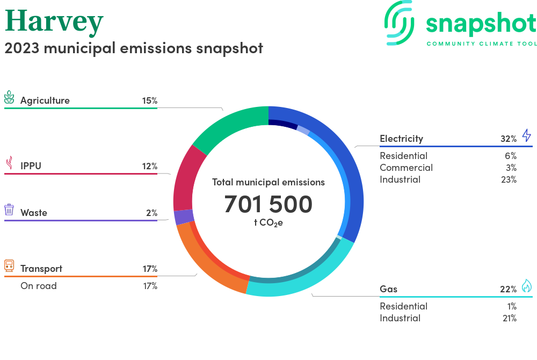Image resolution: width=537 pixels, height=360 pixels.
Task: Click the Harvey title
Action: [54, 21]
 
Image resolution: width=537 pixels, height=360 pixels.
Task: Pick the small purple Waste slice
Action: [183, 217]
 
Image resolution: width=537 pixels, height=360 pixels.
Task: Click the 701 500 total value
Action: [268, 204]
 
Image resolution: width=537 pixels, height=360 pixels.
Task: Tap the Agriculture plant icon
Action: [9, 98]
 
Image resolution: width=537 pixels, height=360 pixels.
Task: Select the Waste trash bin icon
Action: [9, 210]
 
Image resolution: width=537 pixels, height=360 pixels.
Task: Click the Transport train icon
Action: [9, 265]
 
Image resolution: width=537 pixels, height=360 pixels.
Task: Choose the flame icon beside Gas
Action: [526, 286]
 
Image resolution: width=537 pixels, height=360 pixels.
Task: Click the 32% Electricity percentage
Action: [508, 139]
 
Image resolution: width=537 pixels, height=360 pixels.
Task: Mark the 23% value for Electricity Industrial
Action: [508, 179]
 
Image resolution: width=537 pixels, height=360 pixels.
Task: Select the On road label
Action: [38, 286]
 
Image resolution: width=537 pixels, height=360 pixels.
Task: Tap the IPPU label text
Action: [31, 166]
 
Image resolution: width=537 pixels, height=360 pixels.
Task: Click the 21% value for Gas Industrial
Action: [508, 318]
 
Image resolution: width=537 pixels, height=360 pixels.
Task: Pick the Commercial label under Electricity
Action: [406, 168]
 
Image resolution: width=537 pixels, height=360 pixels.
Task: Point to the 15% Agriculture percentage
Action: [149, 100]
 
